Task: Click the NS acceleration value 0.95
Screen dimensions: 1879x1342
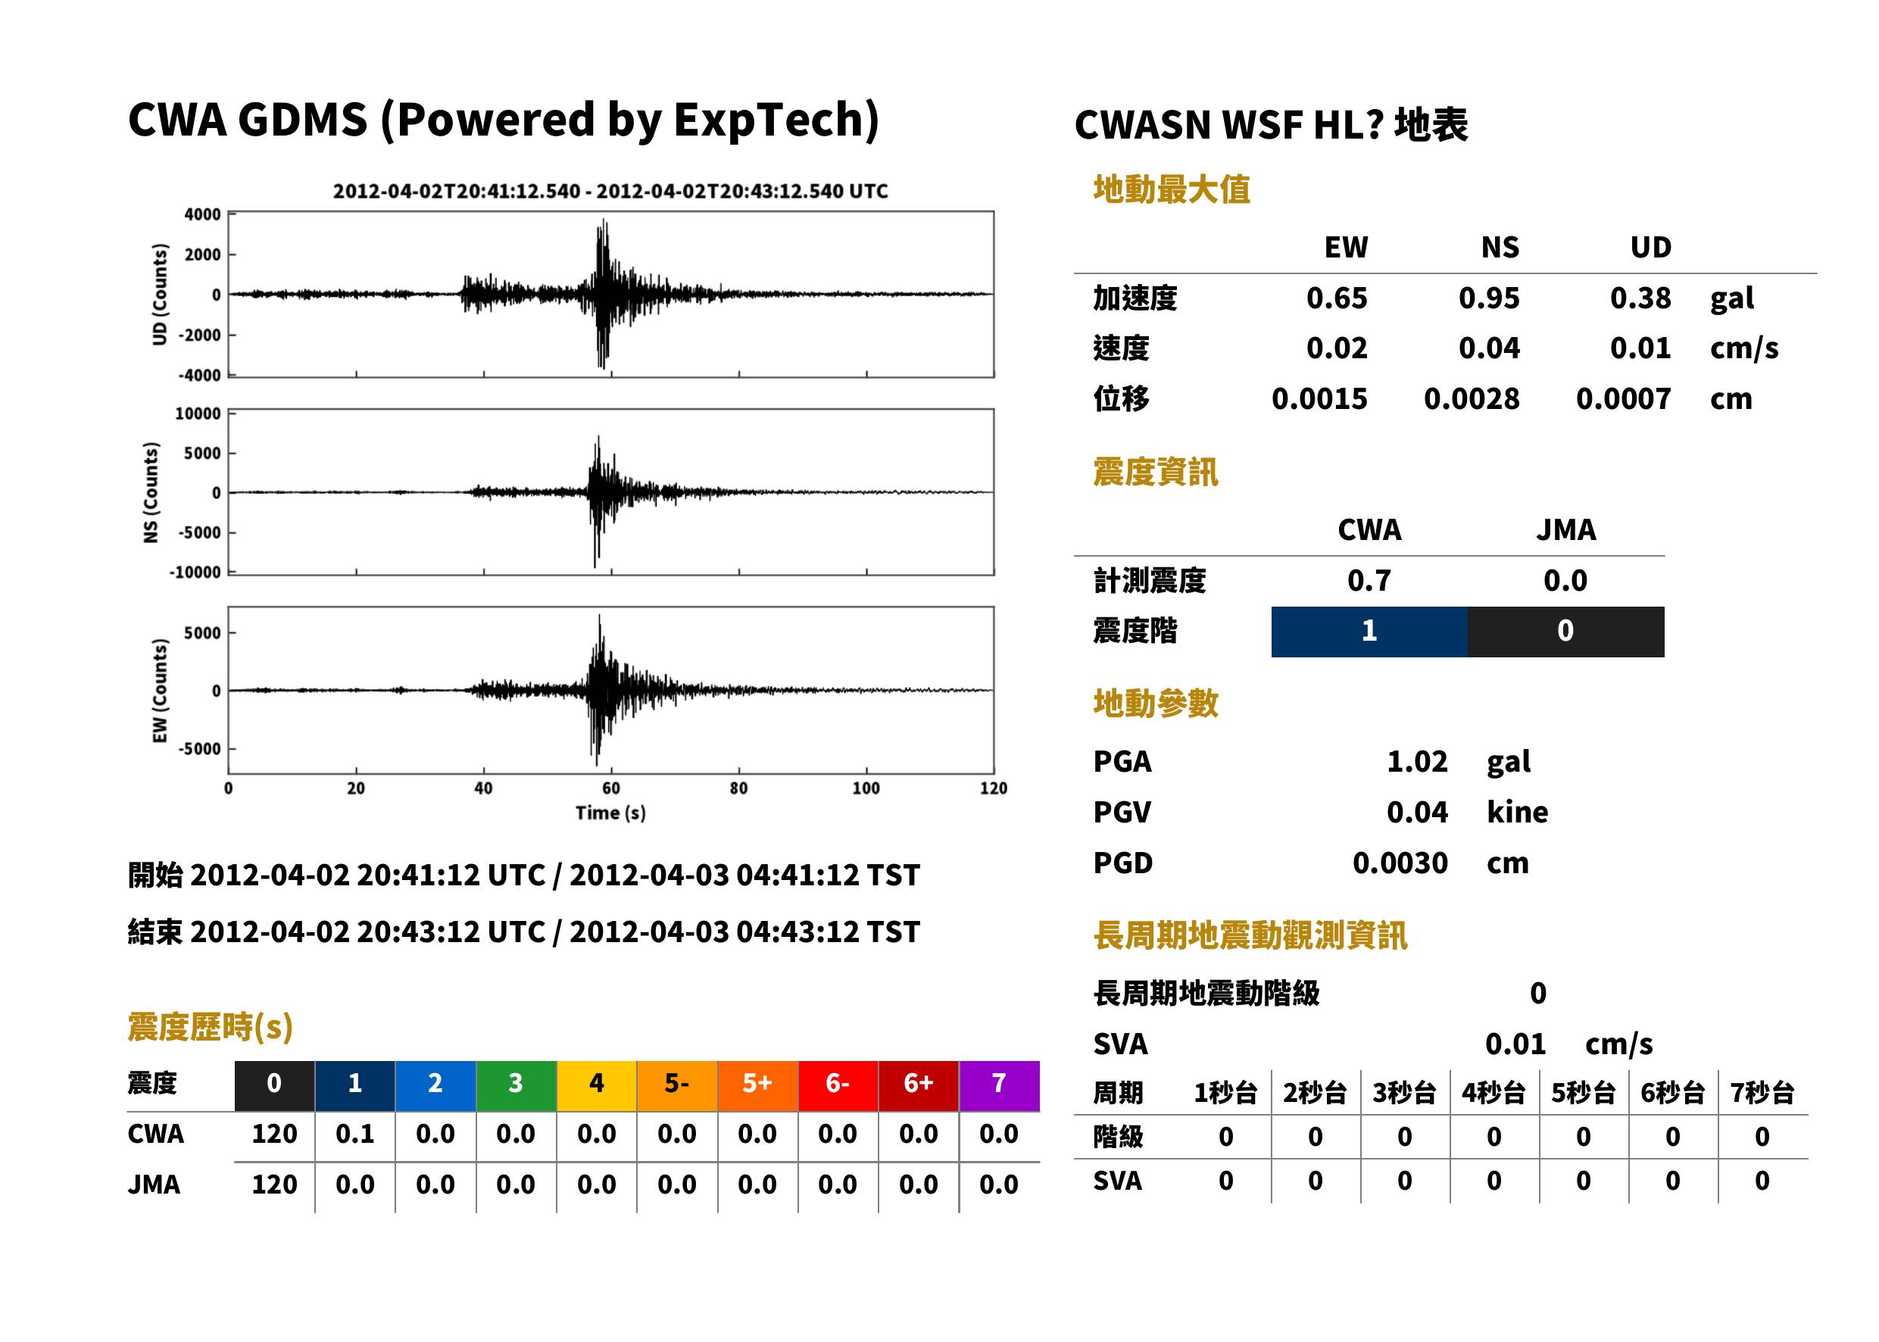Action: point(1488,298)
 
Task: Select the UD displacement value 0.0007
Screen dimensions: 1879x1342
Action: point(1623,399)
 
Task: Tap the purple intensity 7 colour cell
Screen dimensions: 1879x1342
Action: point(999,1085)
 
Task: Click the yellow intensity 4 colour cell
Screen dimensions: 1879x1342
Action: point(597,1085)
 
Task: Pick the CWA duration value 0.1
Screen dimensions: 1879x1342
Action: point(354,1134)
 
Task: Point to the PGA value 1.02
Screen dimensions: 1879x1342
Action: point(1417,762)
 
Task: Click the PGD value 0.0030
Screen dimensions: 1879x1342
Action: point(1400,863)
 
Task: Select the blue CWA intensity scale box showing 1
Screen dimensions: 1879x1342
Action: point(1369,632)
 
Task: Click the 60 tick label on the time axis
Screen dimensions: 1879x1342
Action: point(610,788)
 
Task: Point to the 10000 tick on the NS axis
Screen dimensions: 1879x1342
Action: point(198,414)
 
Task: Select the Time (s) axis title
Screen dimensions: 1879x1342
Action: point(610,813)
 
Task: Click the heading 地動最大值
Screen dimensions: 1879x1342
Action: point(1172,189)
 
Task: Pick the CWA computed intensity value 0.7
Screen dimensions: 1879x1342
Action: point(1369,581)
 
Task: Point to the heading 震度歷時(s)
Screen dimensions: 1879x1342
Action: point(210,1027)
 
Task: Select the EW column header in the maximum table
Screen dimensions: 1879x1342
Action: point(1346,248)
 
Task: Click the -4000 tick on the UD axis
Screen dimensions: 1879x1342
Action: point(200,375)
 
